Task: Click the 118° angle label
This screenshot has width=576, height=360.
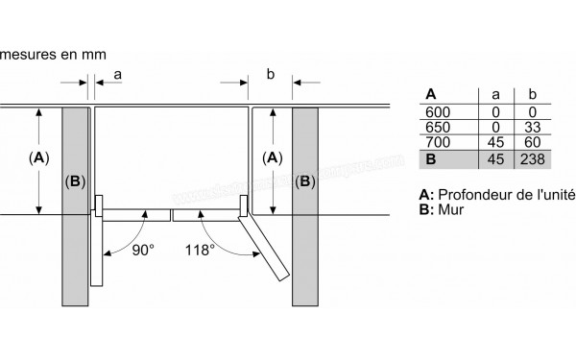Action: coord(199,251)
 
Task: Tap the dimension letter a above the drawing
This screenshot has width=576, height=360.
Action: coord(117,73)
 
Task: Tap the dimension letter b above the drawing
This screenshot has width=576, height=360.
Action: coord(270,73)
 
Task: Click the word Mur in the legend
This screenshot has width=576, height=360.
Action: coord(450,209)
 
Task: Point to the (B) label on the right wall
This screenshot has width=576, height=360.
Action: coord(305,180)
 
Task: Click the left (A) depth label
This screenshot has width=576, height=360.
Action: coord(39,157)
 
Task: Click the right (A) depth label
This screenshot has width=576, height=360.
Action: coord(272,157)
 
